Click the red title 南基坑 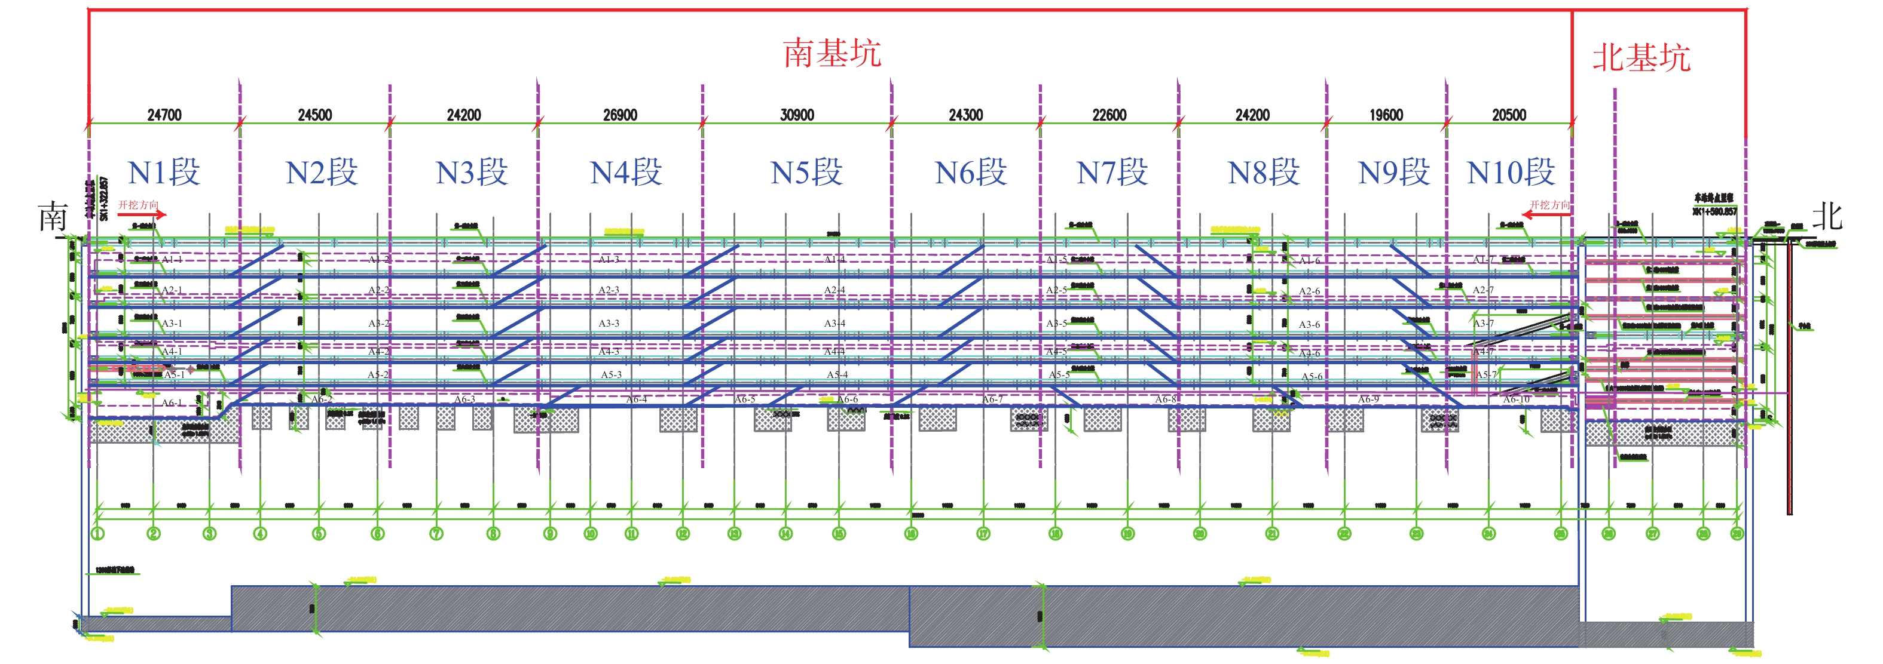point(832,53)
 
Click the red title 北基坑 point(1641,58)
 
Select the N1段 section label point(164,173)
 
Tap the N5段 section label point(806,173)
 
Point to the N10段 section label point(1510,173)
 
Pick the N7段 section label point(1112,173)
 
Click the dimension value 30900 point(797,115)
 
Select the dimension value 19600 point(1386,115)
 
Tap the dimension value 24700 point(164,115)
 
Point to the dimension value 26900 point(620,115)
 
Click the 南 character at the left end point(53,217)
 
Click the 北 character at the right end point(1827,216)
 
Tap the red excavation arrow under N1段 point(142,214)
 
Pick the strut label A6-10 point(1516,399)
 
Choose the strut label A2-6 point(1309,291)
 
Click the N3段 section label point(472,173)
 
